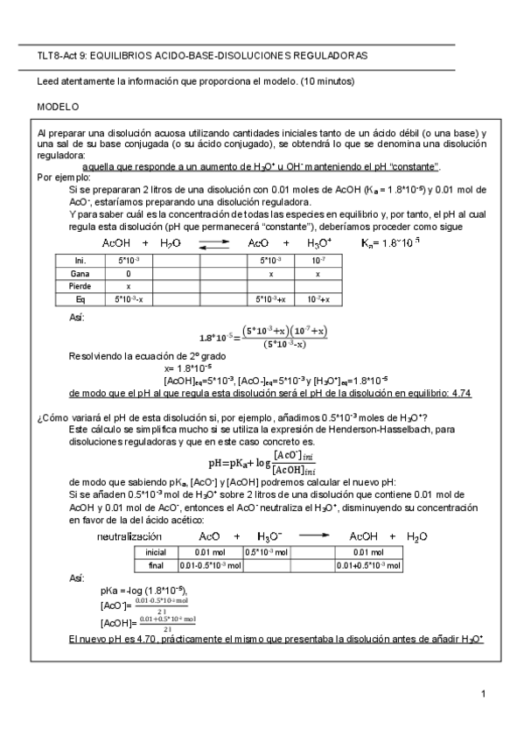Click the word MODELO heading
tap(57, 106)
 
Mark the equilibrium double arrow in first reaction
tap(214, 244)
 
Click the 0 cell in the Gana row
tap(129, 273)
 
